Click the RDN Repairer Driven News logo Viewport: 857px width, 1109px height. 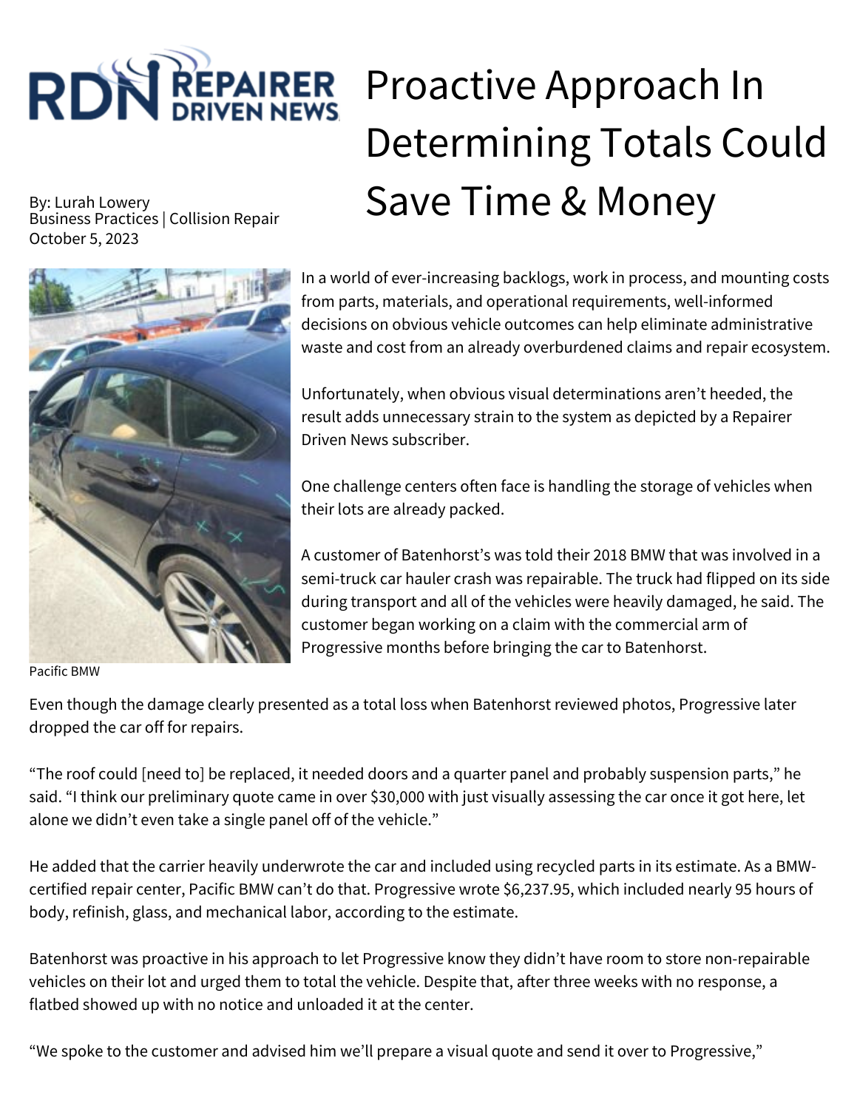click(x=183, y=87)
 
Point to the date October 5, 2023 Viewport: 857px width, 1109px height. click(x=84, y=239)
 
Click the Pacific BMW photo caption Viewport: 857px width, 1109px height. click(x=64, y=671)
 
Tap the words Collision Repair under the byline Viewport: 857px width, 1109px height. click(x=224, y=219)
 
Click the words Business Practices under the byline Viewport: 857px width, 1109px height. click(x=93, y=219)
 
